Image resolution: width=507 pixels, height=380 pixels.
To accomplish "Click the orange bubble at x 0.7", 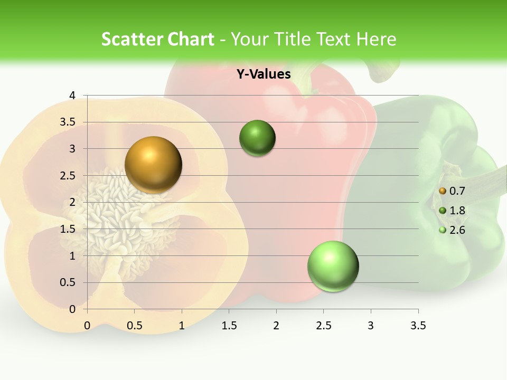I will (153, 165).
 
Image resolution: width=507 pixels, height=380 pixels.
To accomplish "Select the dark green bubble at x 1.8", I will (257, 138).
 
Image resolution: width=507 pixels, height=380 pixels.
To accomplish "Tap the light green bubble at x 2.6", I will (333, 266).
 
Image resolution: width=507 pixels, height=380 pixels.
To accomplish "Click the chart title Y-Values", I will (264, 74).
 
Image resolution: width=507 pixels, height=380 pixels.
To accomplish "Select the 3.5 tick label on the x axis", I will (418, 326).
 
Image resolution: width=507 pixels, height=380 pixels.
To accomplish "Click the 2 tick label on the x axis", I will (276, 326).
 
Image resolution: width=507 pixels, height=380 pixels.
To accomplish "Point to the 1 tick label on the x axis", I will (182, 326).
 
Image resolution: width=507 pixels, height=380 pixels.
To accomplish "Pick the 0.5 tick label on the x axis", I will (135, 326).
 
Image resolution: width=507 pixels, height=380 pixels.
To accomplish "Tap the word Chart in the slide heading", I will (192, 39).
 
